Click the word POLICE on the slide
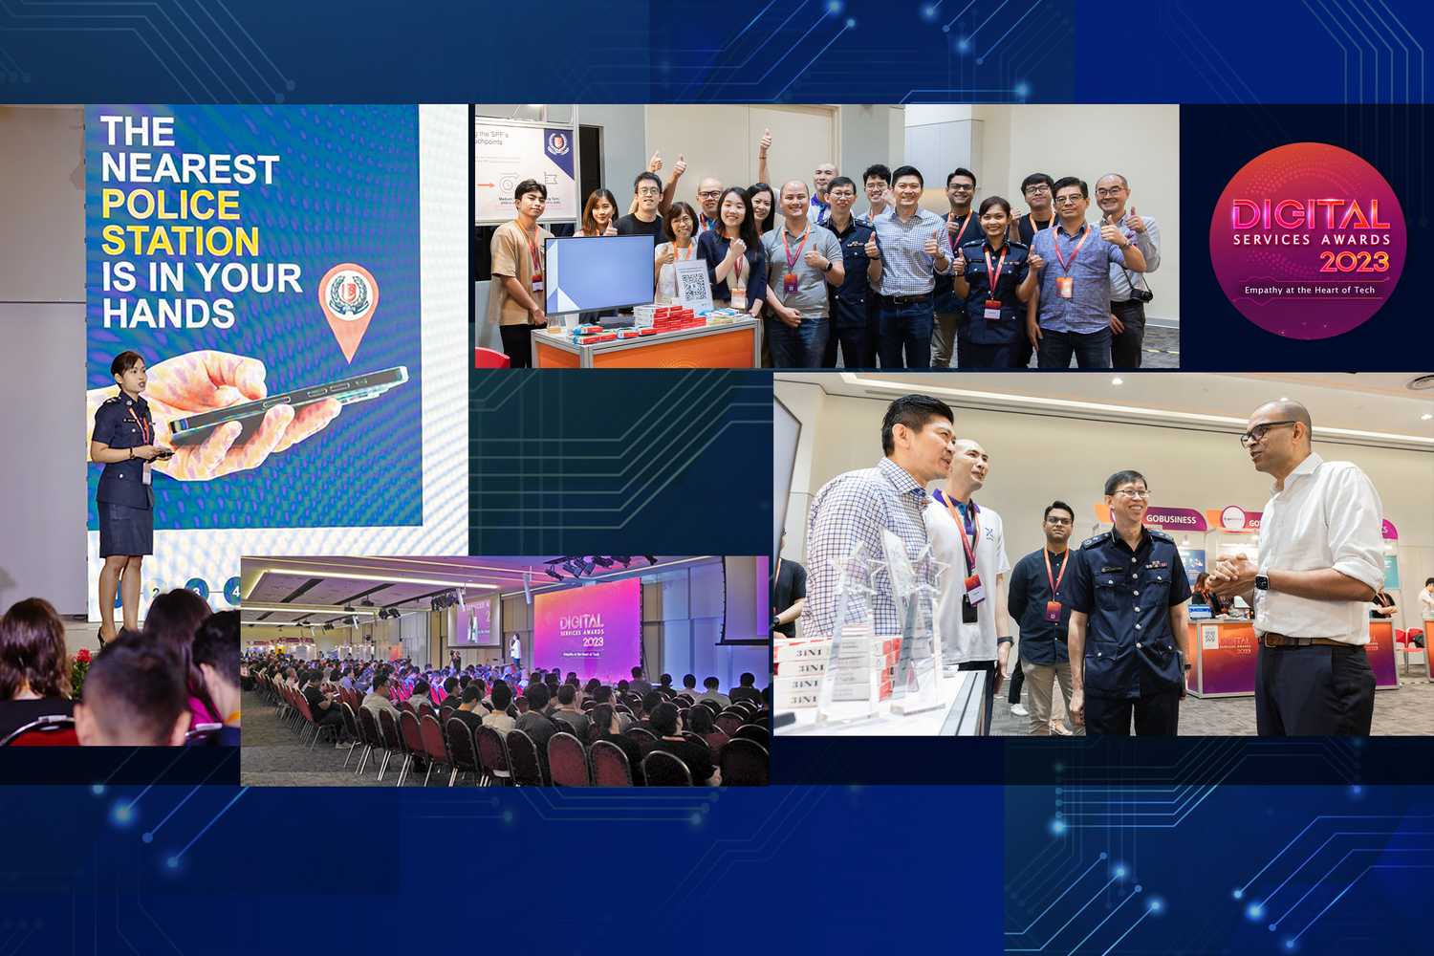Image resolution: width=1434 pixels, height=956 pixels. [x=170, y=205]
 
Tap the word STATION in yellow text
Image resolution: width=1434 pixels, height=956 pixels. [x=180, y=241]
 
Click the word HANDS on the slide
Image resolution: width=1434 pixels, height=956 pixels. [x=168, y=314]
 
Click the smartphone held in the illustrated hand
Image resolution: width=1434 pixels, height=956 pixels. [x=287, y=402]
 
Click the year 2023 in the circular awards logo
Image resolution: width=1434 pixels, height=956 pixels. [x=1354, y=261]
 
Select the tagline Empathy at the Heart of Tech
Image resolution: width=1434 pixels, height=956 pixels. [x=1309, y=290]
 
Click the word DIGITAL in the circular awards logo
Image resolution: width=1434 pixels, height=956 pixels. [x=1309, y=215]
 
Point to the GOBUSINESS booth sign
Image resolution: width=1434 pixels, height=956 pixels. [x=1170, y=519]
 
